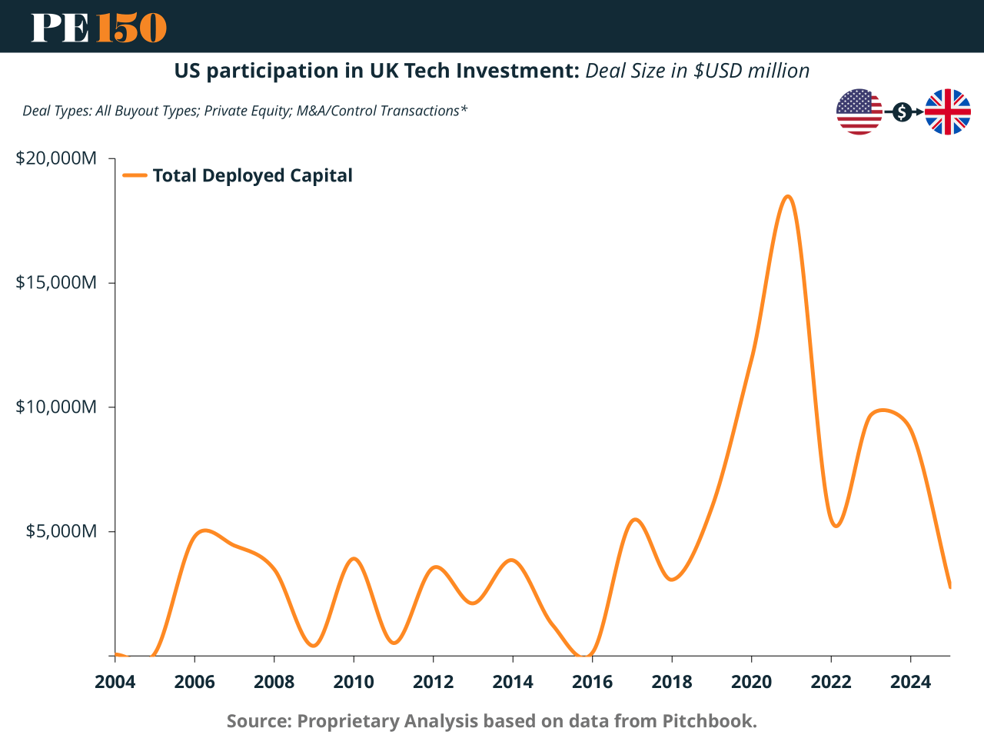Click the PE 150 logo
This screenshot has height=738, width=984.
[98, 27]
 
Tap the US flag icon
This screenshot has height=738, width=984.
[859, 112]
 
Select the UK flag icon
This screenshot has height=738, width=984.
[947, 112]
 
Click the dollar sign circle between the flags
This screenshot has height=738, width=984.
[903, 112]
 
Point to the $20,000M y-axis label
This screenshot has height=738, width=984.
[56, 158]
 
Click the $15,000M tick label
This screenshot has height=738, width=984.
[56, 282]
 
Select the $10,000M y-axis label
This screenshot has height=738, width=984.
[56, 407]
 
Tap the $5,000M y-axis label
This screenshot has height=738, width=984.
[61, 531]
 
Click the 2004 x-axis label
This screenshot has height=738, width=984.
[115, 682]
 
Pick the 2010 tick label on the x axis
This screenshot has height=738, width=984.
[354, 682]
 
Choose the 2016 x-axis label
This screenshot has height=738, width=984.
[592, 682]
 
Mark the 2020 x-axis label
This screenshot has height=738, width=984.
[751, 682]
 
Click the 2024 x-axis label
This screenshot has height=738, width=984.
[910, 682]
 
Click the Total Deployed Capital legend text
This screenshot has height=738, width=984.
[252, 175]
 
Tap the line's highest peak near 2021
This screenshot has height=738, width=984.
[787, 197]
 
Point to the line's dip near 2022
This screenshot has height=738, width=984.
[836, 526]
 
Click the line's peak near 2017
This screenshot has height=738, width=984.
[635, 520]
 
